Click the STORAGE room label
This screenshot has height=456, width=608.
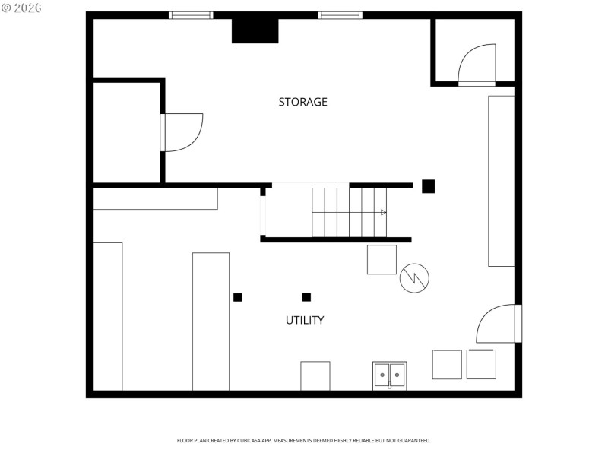point(302,102)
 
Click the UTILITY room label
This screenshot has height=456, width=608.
point(305,320)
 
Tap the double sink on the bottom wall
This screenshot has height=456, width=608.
point(389,375)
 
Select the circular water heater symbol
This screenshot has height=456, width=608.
point(414,278)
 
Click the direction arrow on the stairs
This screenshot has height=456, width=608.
point(384,212)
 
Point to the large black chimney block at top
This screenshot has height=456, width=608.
point(255,30)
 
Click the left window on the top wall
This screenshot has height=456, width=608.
point(191,14)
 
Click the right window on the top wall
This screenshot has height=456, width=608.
point(340,14)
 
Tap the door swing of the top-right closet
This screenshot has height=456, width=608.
point(478,64)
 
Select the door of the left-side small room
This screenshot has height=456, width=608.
point(182,132)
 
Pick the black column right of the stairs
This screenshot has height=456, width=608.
point(428,186)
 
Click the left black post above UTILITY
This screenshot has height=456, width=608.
point(238,297)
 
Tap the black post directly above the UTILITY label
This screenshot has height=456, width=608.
point(306,297)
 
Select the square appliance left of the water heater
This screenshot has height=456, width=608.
point(382,259)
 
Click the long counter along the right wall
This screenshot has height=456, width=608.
point(501,181)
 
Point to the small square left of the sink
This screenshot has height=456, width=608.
point(315,375)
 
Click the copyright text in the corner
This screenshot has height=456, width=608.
point(21,7)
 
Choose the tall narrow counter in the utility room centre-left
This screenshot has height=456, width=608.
point(211,321)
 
